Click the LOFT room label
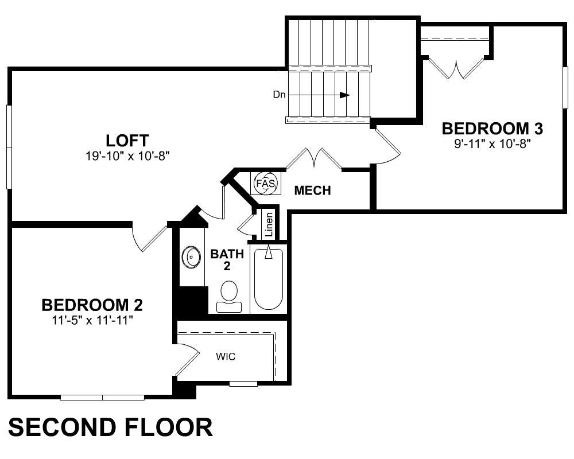(127, 141)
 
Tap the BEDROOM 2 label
(92, 305)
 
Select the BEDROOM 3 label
(492, 129)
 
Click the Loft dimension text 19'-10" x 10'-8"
(128, 156)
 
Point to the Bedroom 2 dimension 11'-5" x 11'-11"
(92, 321)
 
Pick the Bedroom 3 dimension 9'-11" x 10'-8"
(492, 144)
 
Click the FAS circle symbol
(266, 183)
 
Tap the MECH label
(313, 190)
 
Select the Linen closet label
(269, 224)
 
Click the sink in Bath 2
(192, 257)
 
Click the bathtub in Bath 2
(268, 279)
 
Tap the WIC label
(226, 356)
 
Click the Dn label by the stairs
(279, 95)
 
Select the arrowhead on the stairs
(344, 95)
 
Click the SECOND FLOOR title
(110, 427)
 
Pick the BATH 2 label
(227, 260)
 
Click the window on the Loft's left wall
(9, 147)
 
